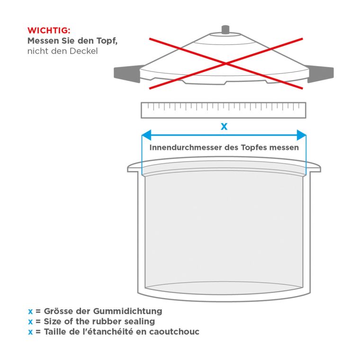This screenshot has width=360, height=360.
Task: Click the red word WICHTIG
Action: [x=49, y=30]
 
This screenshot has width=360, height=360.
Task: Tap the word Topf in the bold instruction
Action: [x=107, y=41]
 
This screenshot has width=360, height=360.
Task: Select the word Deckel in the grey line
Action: [x=83, y=51]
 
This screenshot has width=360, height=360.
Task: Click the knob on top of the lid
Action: [x=225, y=30]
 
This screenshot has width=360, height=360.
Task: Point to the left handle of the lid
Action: [x=127, y=73]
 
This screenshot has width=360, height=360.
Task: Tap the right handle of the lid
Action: [x=320, y=73]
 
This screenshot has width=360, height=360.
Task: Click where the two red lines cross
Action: [x=226, y=63]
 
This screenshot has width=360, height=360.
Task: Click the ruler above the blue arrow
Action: [x=224, y=110]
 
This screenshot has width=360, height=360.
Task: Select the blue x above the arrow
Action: [x=224, y=126]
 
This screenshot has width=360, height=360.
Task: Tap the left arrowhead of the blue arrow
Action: [x=146, y=135]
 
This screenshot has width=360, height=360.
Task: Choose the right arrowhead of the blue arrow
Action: [x=301, y=135]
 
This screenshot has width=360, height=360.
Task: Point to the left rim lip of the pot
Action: [x=133, y=168]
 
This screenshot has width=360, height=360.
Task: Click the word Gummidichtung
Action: [x=127, y=311]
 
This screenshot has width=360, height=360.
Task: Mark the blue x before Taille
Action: [x=30, y=332]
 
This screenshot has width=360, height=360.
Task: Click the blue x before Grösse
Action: [x=30, y=312]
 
